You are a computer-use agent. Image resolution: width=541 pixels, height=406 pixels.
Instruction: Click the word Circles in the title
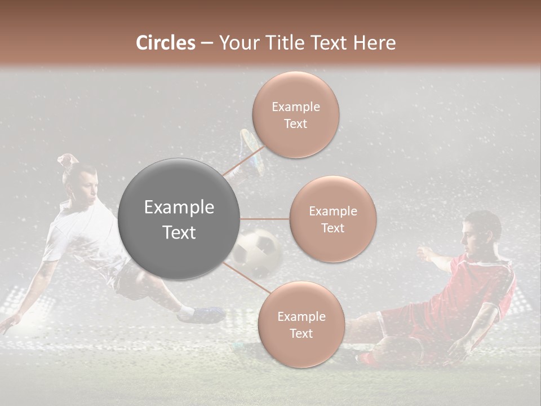pos(165,43)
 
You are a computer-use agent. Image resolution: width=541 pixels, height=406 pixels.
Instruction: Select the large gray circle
pos(179,219)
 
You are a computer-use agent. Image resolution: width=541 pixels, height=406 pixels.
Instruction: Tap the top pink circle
pos(295,115)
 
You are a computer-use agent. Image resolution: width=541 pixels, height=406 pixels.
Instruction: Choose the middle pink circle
pos(332,219)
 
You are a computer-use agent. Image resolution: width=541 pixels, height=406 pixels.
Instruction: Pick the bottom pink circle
pos(301,325)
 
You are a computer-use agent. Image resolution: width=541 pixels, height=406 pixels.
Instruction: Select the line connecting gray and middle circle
pos(264,219)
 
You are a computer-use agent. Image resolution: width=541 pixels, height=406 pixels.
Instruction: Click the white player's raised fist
pos(66,160)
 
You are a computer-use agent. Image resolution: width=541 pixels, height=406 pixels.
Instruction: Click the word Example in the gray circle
pos(179,208)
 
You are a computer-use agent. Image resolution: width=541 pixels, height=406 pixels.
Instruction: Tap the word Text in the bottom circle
pos(301,333)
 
